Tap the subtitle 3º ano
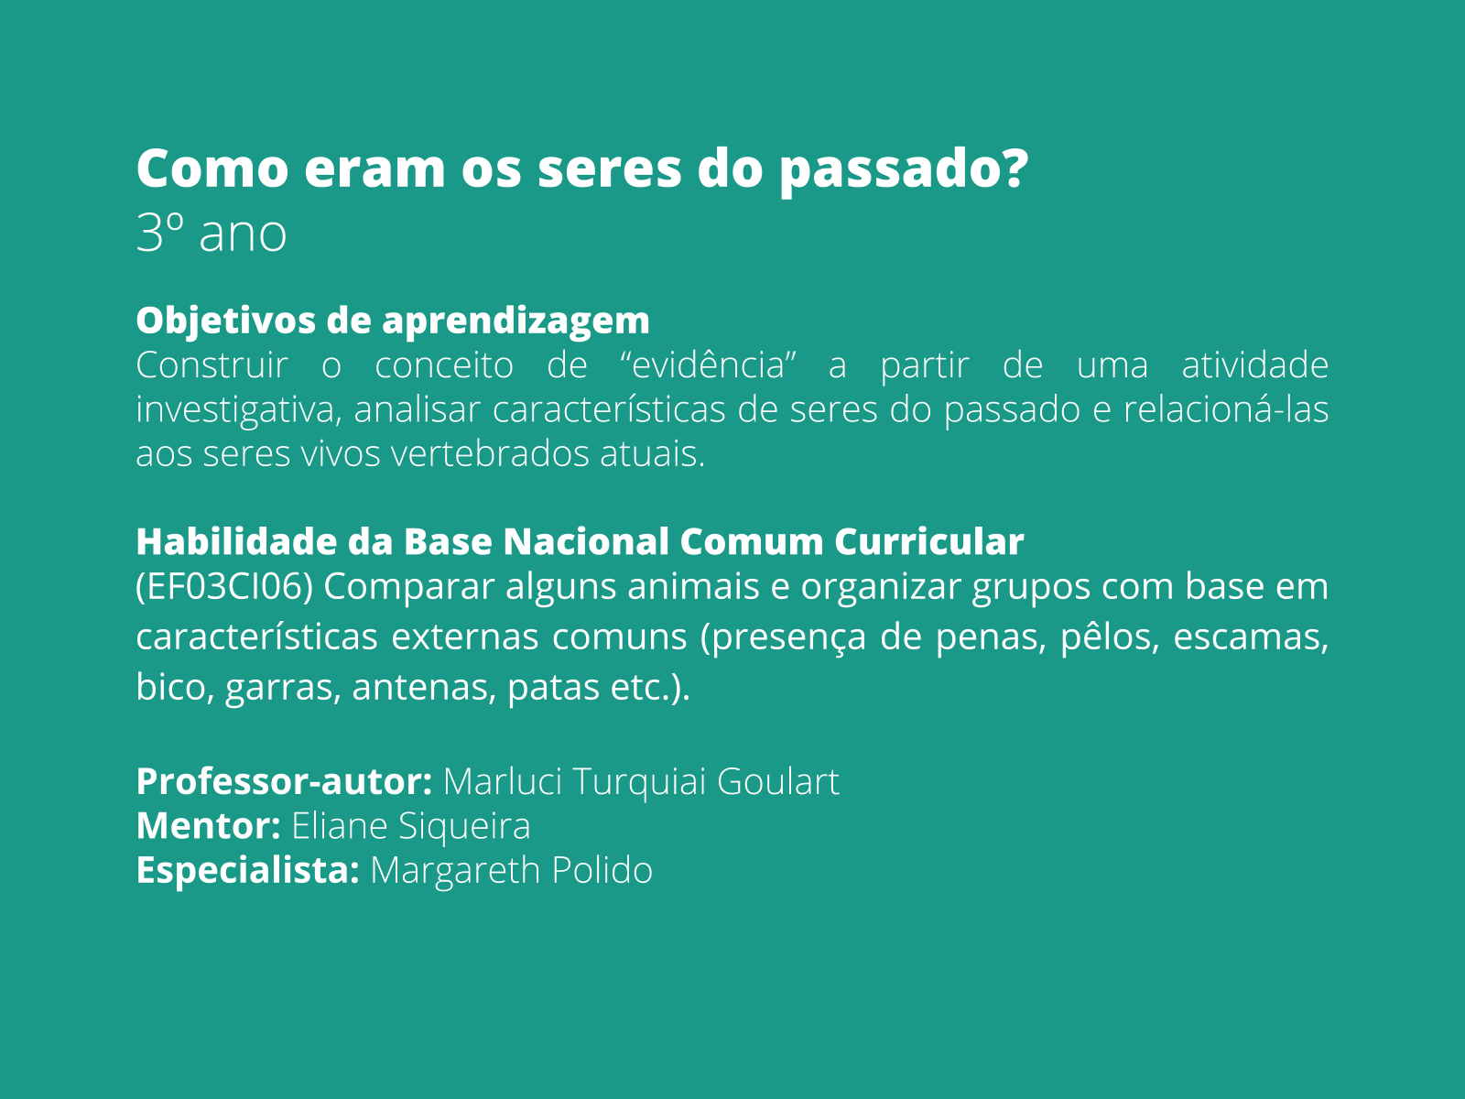click(x=211, y=234)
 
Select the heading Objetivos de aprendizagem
click(x=393, y=321)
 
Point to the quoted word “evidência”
click(x=708, y=365)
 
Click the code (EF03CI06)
click(x=224, y=587)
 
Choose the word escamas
click(x=1251, y=637)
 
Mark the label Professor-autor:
click(x=284, y=782)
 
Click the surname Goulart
click(x=778, y=782)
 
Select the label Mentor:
click(x=208, y=826)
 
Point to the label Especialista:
click(x=247, y=870)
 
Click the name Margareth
click(x=455, y=870)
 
